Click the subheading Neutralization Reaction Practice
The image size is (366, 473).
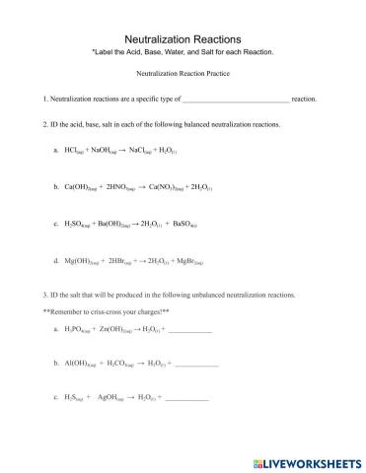(183, 74)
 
